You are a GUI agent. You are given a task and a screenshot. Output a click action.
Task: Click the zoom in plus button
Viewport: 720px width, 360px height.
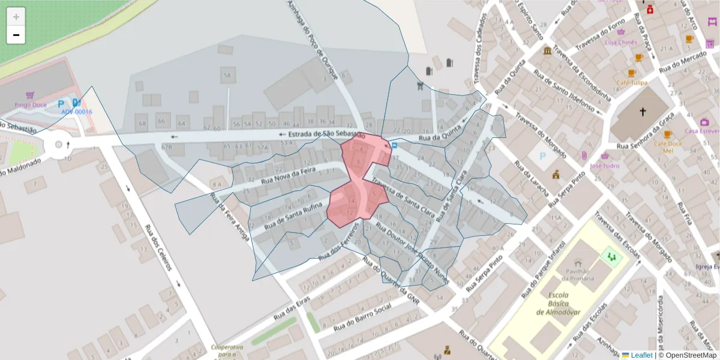tap(16, 17)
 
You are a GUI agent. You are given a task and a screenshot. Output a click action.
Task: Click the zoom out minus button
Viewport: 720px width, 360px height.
tap(16, 35)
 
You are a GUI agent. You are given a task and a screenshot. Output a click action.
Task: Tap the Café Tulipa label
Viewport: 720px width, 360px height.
tap(631, 82)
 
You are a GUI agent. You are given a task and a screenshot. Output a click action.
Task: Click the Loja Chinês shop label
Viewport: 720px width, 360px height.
tap(620, 42)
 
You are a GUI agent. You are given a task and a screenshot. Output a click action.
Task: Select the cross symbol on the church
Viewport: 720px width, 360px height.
tap(643, 112)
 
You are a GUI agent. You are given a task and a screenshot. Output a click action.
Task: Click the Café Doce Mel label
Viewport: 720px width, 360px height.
tap(668, 147)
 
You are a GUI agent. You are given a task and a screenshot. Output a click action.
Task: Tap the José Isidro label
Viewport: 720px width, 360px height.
tap(604, 166)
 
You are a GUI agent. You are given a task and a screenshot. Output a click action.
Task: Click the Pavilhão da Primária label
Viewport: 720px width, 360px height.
tap(577, 274)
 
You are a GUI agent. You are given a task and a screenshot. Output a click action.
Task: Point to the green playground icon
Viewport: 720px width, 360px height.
tap(612, 257)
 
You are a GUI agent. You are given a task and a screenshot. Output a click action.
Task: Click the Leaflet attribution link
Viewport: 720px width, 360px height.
tap(641, 355)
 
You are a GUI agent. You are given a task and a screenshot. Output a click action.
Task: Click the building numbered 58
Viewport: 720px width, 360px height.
tap(226, 76)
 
